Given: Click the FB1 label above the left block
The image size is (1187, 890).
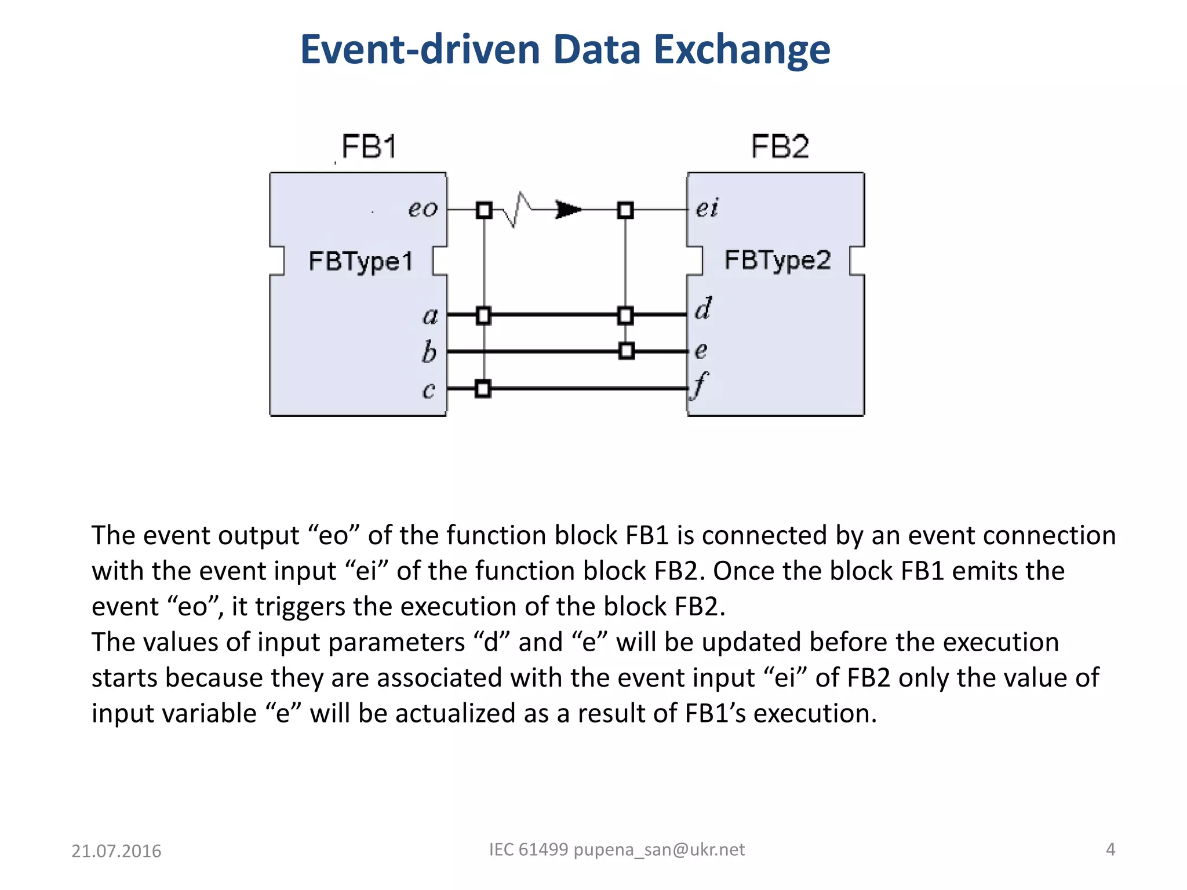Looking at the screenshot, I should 369,146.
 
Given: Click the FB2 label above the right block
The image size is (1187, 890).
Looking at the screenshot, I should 780,146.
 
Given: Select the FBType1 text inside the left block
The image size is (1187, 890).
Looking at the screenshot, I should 361,261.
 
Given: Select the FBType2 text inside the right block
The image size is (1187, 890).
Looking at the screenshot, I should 777,260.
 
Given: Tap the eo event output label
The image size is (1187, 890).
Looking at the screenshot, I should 423,209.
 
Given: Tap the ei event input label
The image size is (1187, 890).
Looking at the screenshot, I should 707,208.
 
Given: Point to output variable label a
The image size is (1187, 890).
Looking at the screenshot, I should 429,316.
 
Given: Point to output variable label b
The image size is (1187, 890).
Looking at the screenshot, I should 429,352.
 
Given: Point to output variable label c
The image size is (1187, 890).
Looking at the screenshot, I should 428,390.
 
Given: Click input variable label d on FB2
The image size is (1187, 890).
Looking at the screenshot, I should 703,309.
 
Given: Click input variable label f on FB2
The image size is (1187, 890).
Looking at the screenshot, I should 700,385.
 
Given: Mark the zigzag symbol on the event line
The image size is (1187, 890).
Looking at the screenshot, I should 518,210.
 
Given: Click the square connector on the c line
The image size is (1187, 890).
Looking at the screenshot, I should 483,388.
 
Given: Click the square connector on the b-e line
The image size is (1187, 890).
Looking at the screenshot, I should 626,351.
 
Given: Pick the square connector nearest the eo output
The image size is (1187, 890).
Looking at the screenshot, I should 484,210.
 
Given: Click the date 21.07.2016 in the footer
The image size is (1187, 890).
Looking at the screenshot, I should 116,851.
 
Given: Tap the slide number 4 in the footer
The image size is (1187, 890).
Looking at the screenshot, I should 1110,849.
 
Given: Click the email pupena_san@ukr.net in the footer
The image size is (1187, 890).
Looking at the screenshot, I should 659,849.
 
